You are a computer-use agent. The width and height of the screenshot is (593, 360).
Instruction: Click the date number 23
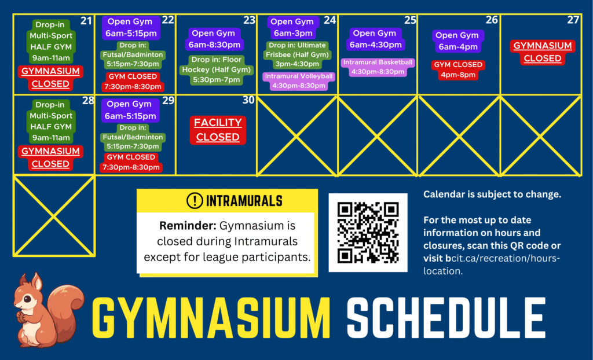click(x=249, y=20)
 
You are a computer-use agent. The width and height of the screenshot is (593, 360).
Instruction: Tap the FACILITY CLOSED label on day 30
click(x=218, y=130)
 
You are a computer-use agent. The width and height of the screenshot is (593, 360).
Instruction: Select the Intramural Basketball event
click(x=378, y=67)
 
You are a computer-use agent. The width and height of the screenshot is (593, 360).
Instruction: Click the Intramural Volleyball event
click(x=299, y=81)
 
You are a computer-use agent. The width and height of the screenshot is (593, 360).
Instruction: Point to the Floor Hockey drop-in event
click(x=217, y=69)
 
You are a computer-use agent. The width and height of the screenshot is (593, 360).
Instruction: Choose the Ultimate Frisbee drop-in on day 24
click(x=297, y=54)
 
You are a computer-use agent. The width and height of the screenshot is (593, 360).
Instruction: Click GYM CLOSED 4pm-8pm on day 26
click(x=458, y=69)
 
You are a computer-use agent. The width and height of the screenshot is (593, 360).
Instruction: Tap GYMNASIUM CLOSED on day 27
click(x=542, y=52)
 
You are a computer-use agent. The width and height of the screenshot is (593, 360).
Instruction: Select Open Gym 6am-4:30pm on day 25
click(x=375, y=39)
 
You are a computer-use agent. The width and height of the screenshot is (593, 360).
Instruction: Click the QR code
click(x=368, y=233)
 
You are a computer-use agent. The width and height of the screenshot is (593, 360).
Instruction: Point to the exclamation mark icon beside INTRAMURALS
click(x=195, y=200)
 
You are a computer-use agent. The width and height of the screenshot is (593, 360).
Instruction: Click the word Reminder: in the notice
click(x=188, y=226)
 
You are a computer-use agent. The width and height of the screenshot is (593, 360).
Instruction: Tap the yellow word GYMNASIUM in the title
click(x=211, y=318)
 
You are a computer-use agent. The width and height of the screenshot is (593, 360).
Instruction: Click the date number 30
click(x=248, y=100)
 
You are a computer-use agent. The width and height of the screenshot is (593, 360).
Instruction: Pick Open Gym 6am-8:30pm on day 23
click(x=214, y=39)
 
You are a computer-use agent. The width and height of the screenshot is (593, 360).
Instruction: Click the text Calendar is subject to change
click(x=492, y=194)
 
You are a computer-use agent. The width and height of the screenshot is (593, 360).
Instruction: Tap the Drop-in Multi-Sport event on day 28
click(x=51, y=121)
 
